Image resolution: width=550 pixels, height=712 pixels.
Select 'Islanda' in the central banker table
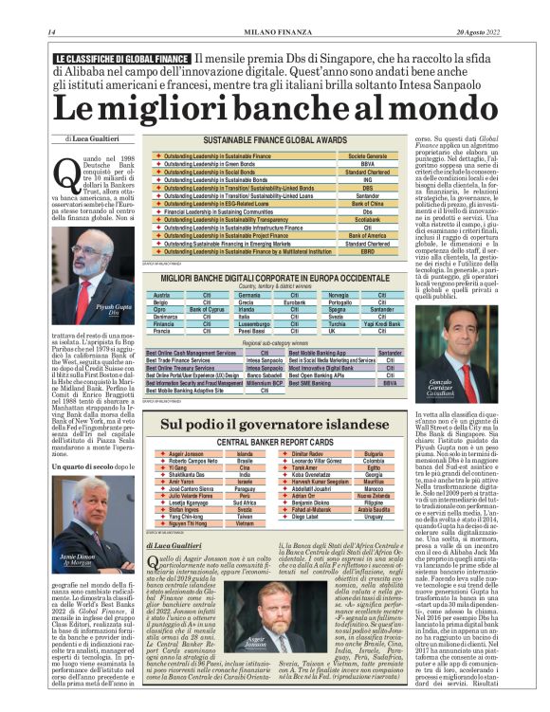click(x=246, y=454)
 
